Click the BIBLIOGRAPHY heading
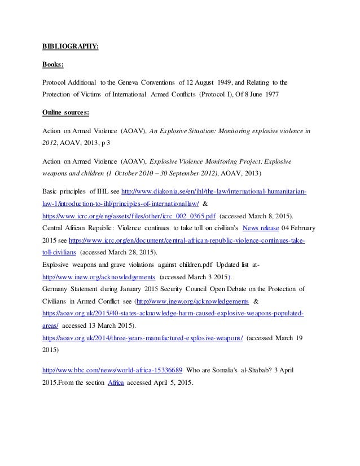71,46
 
